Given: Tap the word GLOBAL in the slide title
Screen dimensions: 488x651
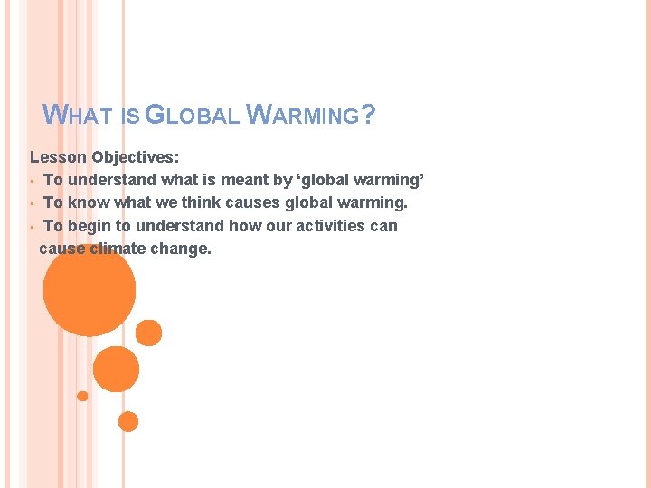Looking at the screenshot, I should [x=191, y=116].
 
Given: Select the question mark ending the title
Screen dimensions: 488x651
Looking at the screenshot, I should [x=368, y=116].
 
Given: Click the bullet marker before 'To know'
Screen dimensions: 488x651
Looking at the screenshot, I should [x=32, y=203].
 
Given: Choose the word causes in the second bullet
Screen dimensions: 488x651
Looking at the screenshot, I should [x=255, y=202].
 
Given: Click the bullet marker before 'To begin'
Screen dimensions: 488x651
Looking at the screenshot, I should [x=32, y=226].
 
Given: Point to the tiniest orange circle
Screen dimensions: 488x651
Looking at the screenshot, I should [x=82, y=396].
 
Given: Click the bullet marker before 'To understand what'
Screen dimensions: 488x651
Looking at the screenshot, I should [x=32, y=181].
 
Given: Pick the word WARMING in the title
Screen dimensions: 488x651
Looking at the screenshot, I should [x=303, y=116].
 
